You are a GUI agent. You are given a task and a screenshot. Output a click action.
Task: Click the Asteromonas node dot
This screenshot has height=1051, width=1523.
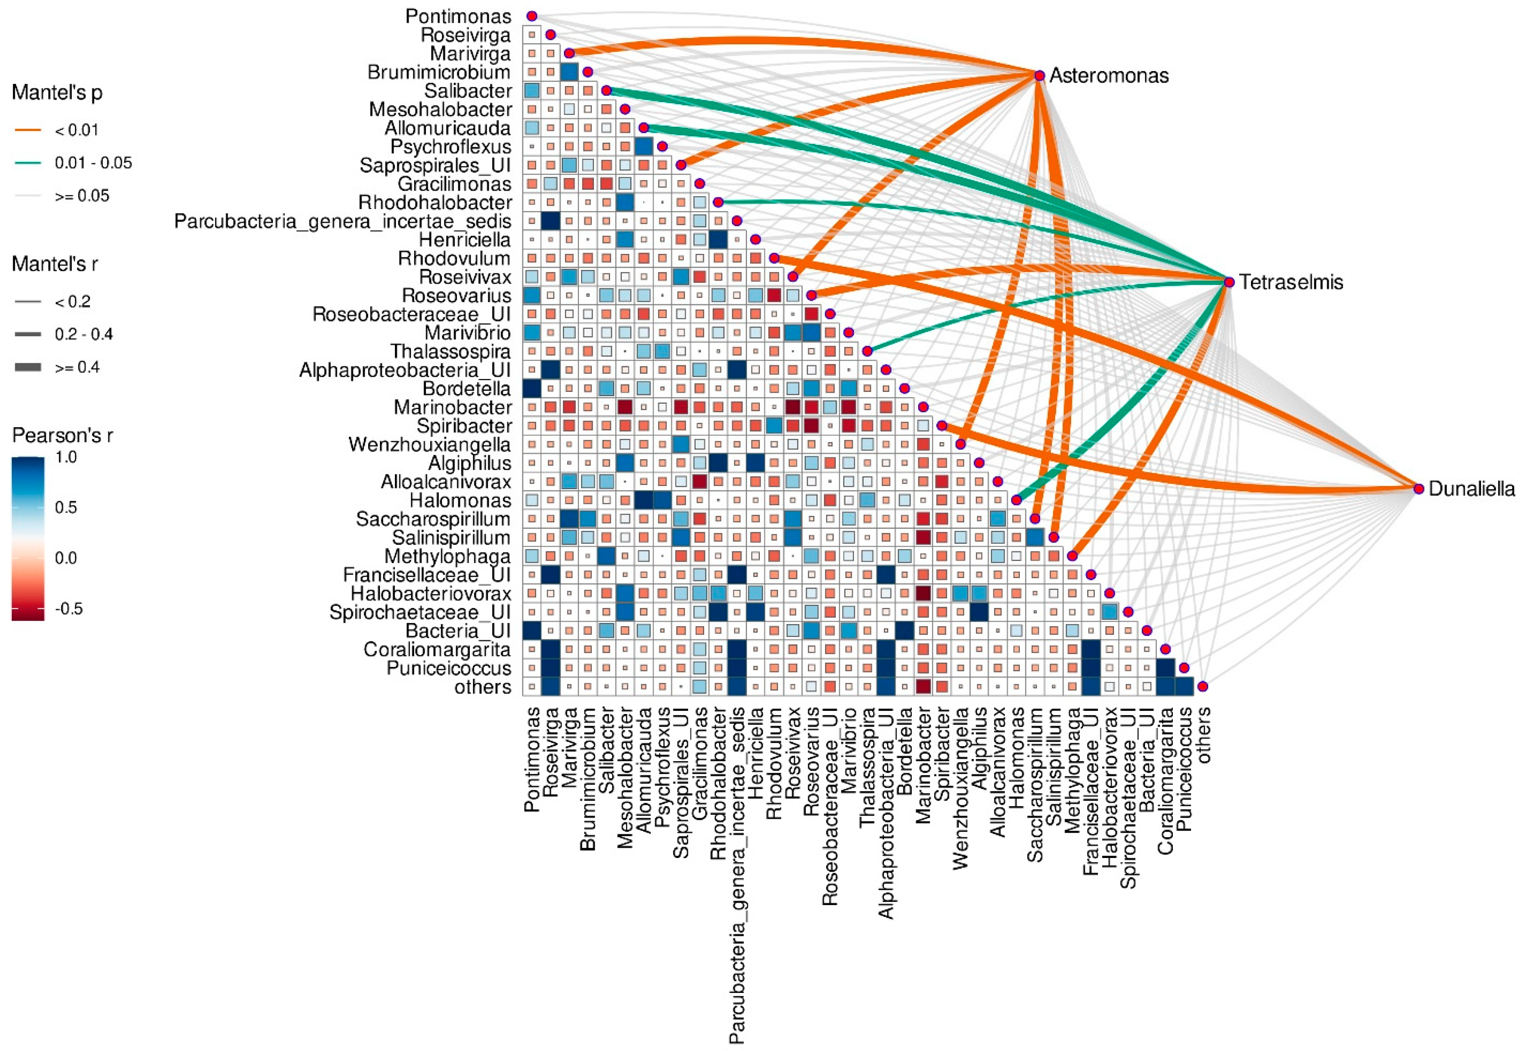click(x=1039, y=76)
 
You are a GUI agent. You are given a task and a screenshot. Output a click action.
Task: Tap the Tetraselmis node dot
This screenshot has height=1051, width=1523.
click(x=1229, y=282)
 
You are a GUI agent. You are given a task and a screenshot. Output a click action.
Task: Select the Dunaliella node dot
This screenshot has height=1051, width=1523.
click(x=1418, y=489)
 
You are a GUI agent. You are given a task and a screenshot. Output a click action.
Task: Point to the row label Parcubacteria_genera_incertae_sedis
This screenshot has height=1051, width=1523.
click(x=343, y=221)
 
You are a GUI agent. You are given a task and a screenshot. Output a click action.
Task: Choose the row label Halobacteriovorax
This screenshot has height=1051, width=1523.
click(x=431, y=594)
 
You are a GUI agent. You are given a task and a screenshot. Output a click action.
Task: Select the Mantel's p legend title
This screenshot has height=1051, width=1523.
click(x=57, y=93)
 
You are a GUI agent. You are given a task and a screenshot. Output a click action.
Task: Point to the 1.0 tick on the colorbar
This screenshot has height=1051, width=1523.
click(x=66, y=457)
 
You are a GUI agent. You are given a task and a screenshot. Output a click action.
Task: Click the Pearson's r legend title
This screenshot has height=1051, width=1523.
click(x=62, y=435)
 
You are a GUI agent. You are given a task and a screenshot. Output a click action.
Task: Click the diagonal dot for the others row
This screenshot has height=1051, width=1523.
click(x=1203, y=686)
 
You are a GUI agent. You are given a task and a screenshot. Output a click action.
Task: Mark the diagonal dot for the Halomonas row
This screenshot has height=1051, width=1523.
click(x=1016, y=500)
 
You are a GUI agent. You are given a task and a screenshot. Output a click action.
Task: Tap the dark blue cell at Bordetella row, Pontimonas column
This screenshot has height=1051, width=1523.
click(x=531, y=388)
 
